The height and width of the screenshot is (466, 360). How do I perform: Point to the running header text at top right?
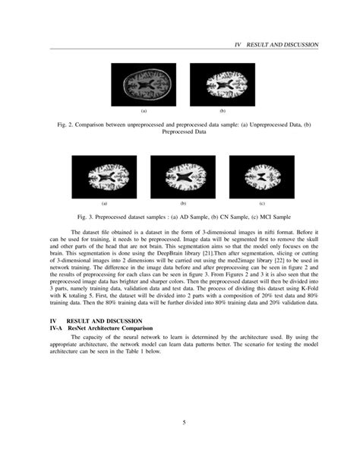pos(278,45)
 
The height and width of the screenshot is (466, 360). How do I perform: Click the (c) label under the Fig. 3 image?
pos(261,204)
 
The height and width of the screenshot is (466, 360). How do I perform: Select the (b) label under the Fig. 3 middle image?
pos(183,204)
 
